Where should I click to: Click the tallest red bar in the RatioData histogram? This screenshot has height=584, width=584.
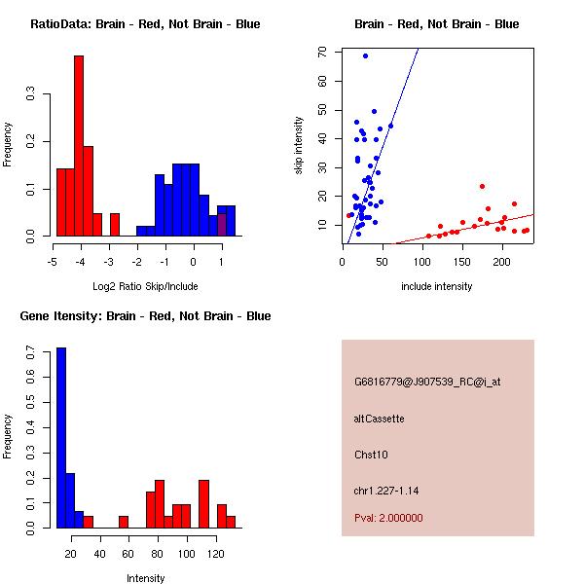[x=79, y=146]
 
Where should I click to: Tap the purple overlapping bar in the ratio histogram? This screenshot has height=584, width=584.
[x=222, y=225]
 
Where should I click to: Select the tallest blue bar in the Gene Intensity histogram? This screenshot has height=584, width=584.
[x=61, y=438]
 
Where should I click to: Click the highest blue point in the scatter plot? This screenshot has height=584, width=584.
[x=365, y=55]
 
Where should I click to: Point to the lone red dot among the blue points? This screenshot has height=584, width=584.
[x=349, y=215]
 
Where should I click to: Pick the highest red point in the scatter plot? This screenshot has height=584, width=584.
[x=483, y=186]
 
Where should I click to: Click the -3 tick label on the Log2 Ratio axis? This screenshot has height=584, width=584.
[x=108, y=262]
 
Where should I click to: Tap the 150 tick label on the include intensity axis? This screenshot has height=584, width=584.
[x=462, y=262]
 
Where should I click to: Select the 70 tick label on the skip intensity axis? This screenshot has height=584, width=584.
[x=322, y=52]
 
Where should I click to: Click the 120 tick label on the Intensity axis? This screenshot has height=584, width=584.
[x=216, y=554]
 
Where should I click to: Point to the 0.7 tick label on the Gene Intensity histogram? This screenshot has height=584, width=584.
[x=31, y=352]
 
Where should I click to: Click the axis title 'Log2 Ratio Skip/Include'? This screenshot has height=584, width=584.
[x=145, y=286]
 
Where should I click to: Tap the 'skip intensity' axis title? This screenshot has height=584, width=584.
[x=299, y=145]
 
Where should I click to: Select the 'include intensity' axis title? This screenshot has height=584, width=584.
[x=436, y=286]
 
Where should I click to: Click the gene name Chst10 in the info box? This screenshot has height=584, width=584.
[x=371, y=455]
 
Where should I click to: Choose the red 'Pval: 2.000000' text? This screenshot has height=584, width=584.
[x=388, y=518]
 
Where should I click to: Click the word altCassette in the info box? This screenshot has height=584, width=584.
[x=380, y=419]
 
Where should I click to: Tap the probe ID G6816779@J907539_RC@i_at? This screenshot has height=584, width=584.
[x=427, y=383]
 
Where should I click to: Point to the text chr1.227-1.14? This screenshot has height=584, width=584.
[x=386, y=491]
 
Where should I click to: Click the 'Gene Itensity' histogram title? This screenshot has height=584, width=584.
[x=145, y=316]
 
